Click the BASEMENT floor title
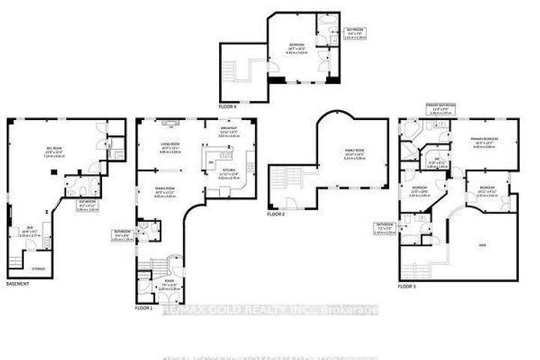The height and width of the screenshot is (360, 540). (17, 283)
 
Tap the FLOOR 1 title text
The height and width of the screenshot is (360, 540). (143, 308)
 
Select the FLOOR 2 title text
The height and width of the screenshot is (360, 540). (274, 214)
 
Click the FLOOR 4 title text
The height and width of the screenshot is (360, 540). (227, 107)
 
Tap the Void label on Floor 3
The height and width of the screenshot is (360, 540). (483, 244)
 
